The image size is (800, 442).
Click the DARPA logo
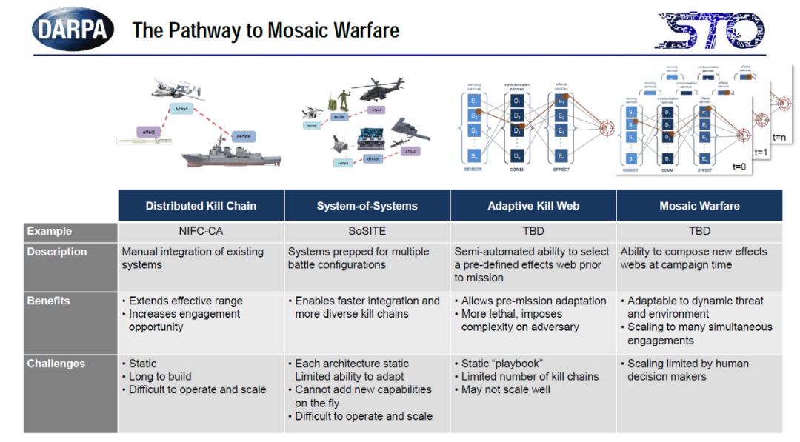(x=73, y=29)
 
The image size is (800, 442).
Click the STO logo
(x=710, y=30)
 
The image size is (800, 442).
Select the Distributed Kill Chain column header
(x=201, y=206)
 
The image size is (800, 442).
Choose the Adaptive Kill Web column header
(x=533, y=206)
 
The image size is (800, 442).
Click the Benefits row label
(x=49, y=301)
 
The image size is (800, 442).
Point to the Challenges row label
(x=56, y=364)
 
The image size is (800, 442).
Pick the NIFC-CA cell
(x=200, y=232)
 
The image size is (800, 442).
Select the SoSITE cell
(x=367, y=232)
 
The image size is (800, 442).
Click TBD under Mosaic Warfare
(x=699, y=232)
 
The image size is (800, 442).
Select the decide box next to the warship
(x=243, y=137)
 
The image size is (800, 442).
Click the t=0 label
(x=739, y=167)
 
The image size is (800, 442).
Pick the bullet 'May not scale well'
(x=506, y=389)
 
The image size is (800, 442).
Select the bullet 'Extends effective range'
(x=185, y=301)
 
